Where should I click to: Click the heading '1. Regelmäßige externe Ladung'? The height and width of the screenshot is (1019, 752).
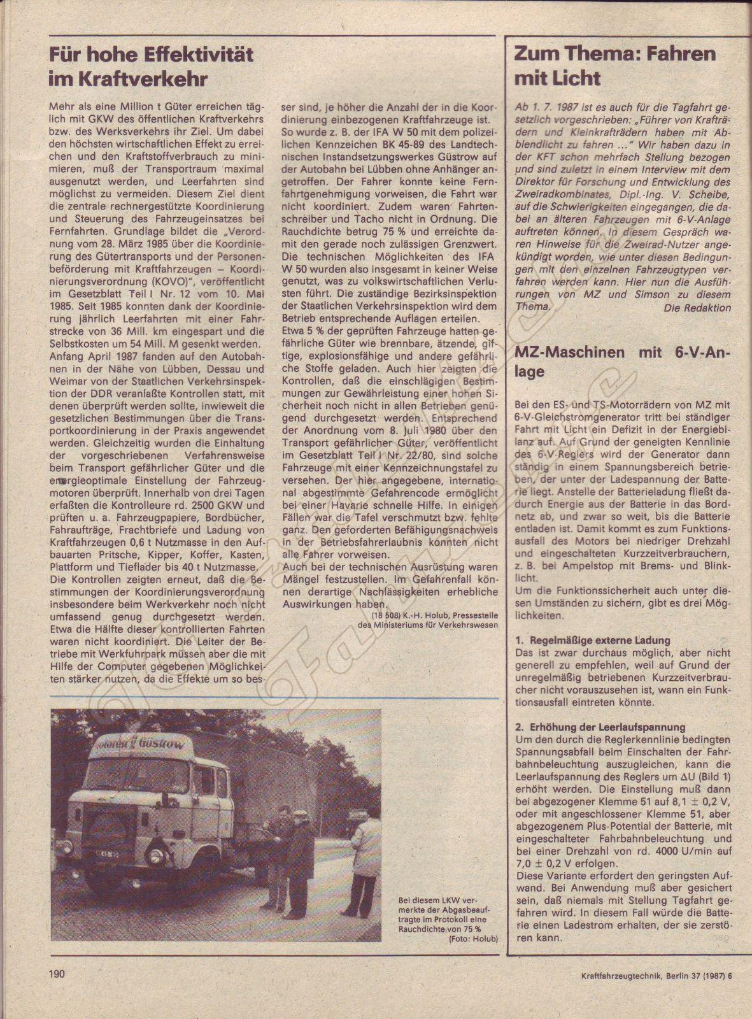tap(592, 640)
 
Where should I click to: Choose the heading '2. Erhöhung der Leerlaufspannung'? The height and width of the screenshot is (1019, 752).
tap(600, 727)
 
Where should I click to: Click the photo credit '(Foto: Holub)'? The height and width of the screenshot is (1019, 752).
tap(473, 939)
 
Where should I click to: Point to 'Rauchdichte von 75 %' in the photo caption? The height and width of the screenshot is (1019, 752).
tap(449, 929)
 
